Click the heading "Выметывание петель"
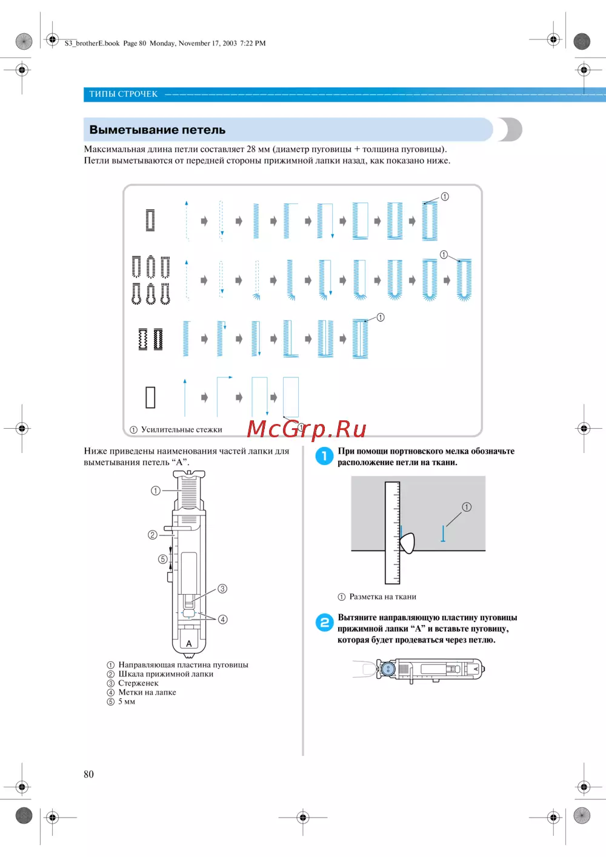[x=157, y=130]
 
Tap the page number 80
[x=88, y=774]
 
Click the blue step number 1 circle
[x=324, y=456]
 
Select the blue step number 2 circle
[x=324, y=623]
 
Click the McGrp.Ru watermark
[x=307, y=429]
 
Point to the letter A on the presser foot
[x=188, y=643]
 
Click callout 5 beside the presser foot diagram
[x=162, y=559]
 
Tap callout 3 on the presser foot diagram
[x=222, y=589]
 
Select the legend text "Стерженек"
[x=138, y=683]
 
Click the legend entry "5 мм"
[x=127, y=701]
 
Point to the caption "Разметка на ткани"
[x=382, y=597]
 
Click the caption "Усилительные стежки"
[x=181, y=429]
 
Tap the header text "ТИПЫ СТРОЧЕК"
[x=123, y=94]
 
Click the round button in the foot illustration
[x=387, y=669]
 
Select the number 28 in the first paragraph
[x=251, y=149]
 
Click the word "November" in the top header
[x=194, y=43]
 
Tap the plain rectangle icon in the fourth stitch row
[x=150, y=397]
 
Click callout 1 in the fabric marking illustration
[x=467, y=507]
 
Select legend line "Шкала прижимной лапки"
[x=165, y=674]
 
